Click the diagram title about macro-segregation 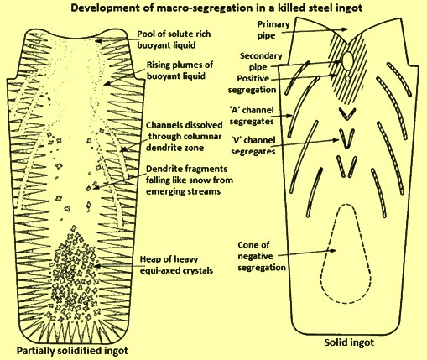coord(216,8)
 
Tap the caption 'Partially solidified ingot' coord(72,351)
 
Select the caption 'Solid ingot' coord(349,342)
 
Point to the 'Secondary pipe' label coord(261,61)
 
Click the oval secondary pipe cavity coord(347,59)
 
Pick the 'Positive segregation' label coord(252,84)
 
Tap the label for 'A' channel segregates coord(252,116)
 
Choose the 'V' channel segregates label coord(253,146)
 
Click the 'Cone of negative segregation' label coord(262,256)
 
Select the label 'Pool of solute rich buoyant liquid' coord(174,39)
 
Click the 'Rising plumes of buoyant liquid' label coord(180,70)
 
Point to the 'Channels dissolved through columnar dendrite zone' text coord(184,136)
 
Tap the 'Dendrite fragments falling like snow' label coord(190,180)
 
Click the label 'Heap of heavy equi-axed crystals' coord(176,264)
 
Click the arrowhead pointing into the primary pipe coord(346,29)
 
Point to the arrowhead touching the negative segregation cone coord(333,250)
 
